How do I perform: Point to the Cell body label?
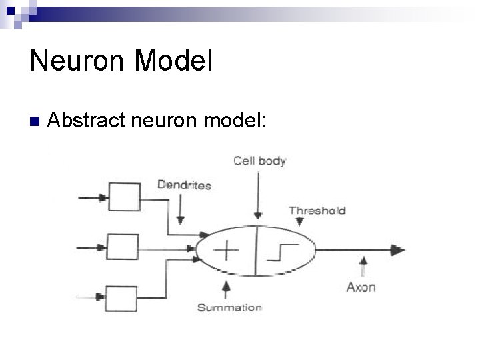(259, 161)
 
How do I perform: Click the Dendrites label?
(183, 184)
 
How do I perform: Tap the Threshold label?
(317, 211)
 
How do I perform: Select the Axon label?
(361, 287)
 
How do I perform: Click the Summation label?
(229, 307)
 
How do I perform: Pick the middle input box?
(123, 247)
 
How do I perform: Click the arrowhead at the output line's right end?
(398, 251)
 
